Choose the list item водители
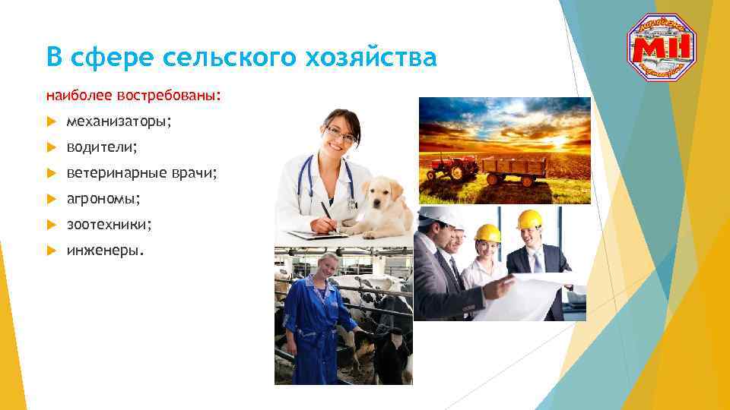coord(102,147)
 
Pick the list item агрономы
coord(103,199)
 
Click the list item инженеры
coord(103,251)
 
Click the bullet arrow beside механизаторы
coord(51,122)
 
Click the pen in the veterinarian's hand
coord(325,212)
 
